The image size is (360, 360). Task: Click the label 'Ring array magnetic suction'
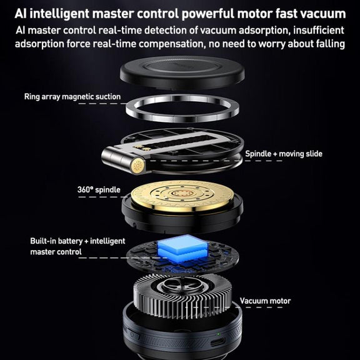click(x=72, y=97)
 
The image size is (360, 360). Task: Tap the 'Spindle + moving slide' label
click(x=284, y=154)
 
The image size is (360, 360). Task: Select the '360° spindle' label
click(x=99, y=189)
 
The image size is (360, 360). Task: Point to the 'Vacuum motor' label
click(x=265, y=301)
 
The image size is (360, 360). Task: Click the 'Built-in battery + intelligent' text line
click(x=77, y=241)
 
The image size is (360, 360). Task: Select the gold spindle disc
click(x=182, y=196)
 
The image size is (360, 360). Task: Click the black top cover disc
click(x=182, y=72)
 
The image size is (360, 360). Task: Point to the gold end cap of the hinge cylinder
click(x=137, y=166)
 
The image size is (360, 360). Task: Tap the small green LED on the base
click(x=218, y=334)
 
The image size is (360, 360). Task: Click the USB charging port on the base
click(x=218, y=343)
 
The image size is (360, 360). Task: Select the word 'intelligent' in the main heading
click(x=59, y=14)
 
